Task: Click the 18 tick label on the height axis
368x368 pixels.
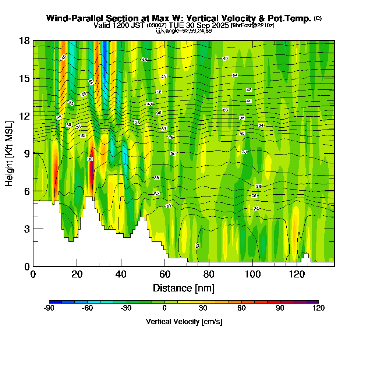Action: pos(24,40)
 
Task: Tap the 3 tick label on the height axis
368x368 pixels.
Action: pos(26,229)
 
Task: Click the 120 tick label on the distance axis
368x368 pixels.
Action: pos(297,274)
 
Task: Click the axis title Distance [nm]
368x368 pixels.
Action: pos(184,288)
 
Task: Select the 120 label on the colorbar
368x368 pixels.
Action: pos(318,308)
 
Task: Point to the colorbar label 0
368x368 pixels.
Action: pos(164,308)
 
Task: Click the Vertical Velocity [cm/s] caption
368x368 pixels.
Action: pos(184,322)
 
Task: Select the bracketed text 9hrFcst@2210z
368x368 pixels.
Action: pos(252,25)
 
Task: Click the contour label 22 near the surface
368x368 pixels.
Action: pos(197,245)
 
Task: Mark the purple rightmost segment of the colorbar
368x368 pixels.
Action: pos(312,302)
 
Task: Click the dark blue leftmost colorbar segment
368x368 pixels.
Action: pos(52,302)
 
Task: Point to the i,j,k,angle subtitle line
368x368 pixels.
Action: pos(183,31)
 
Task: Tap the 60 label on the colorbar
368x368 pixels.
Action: pos(241,308)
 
